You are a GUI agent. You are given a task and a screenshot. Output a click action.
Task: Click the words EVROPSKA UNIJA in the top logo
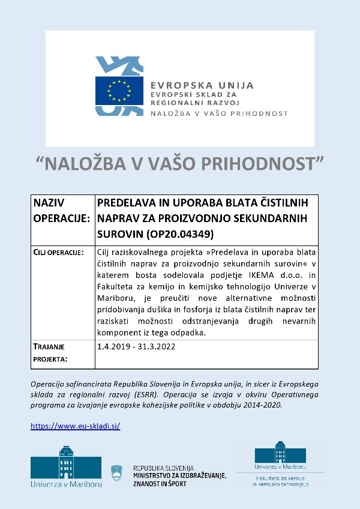[x=202, y=85]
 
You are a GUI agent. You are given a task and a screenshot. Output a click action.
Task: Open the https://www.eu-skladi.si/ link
[x=76, y=426]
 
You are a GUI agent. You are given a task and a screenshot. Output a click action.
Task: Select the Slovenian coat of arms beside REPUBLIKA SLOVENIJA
[x=117, y=472]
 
